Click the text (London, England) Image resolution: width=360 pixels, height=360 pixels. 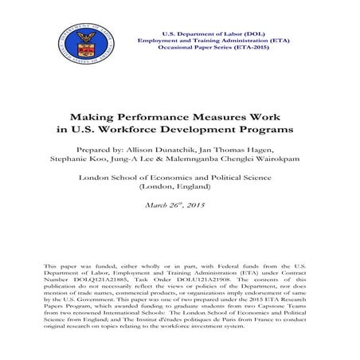[x=180, y=190]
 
